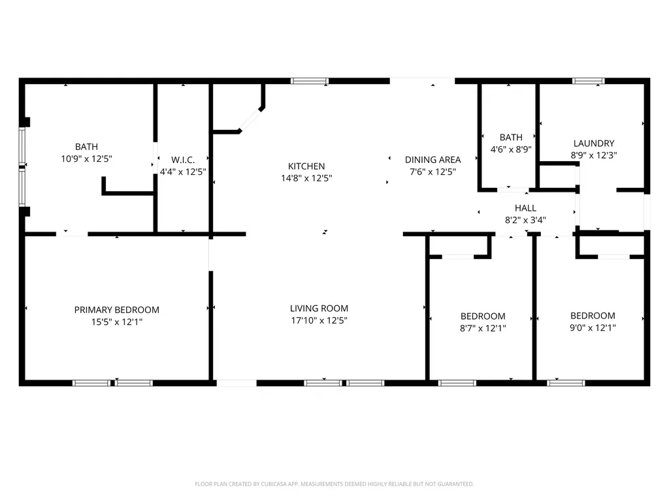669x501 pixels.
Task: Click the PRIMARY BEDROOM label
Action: click(x=116, y=310)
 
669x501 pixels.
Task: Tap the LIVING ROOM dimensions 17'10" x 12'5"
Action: click(x=319, y=320)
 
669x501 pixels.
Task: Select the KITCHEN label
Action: click(x=306, y=166)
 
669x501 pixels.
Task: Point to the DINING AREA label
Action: click(x=432, y=160)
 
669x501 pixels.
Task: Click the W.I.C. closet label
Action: click(x=182, y=160)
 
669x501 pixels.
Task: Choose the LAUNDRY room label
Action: click(x=593, y=144)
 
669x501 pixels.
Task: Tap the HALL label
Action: click(x=525, y=208)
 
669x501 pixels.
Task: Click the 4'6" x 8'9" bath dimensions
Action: click(x=511, y=149)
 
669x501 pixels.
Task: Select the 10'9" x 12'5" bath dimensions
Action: click(x=86, y=159)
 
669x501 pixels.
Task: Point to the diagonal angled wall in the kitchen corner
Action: click(x=250, y=120)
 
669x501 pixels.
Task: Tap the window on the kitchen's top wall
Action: click(x=308, y=81)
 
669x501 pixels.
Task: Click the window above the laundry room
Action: click(x=588, y=81)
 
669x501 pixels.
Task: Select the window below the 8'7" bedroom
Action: click(x=457, y=383)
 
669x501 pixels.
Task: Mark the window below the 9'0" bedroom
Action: click(x=566, y=383)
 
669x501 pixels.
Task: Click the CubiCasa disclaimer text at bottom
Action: click(x=334, y=484)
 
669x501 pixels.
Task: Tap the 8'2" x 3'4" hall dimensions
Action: click(x=525, y=220)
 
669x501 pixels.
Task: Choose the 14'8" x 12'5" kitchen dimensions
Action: click(x=306, y=178)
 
